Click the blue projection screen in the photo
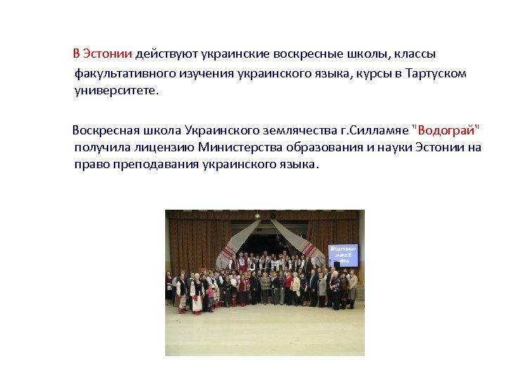point(343,255)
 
